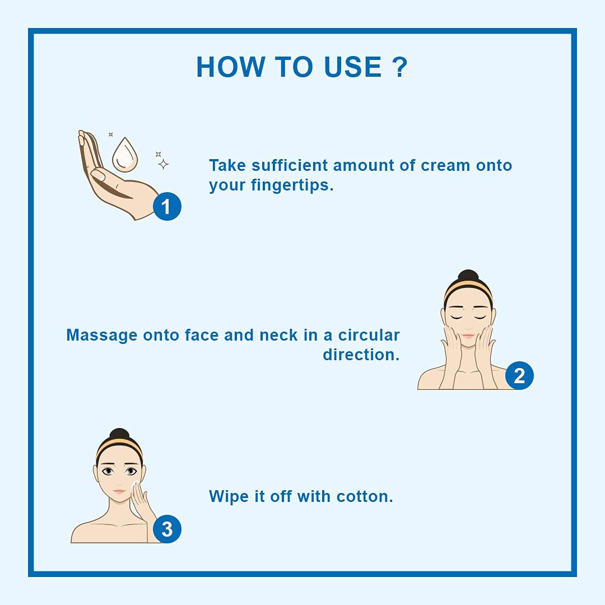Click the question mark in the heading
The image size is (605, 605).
coord(400,67)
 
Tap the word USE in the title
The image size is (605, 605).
coord(353,67)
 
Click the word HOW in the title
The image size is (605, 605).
coord(231,67)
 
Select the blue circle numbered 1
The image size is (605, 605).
coord(167,206)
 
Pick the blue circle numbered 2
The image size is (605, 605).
coord(519,375)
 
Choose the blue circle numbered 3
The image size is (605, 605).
coord(167,529)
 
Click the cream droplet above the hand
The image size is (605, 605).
coord(125,155)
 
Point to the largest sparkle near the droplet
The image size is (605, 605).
coord(163,164)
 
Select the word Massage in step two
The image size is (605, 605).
coord(102,336)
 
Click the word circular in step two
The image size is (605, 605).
coord(369,336)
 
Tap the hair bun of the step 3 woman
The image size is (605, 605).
coord(120,434)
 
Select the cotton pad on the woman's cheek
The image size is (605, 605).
coord(135,485)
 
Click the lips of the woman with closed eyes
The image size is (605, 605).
coord(468,336)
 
